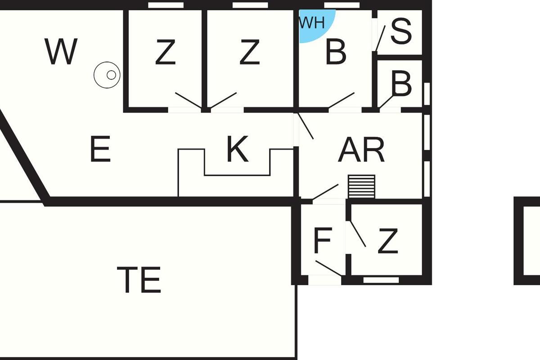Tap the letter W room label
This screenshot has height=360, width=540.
pyautogui.click(x=61, y=51)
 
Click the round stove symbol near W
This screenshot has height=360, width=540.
pyautogui.click(x=107, y=75)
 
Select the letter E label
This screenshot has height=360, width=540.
pyautogui.click(x=100, y=149)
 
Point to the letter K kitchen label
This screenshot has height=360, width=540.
pyautogui.click(x=238, y=149)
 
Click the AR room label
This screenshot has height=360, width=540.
pyautogui.click(x=361, y=150)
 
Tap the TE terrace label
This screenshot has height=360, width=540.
pyautogui.click(x=139, y=279)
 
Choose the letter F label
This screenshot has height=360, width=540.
pyautogui.click(x=323, y=240)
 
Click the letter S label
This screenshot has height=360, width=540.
pyautogui.click(x=401, y=31)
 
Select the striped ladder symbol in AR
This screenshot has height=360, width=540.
pyautogui.click(x=362, y=187)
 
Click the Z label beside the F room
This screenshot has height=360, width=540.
pyautogui.click(x=388, y=241)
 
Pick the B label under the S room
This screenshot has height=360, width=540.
pyautogui.click(x=401, y=83)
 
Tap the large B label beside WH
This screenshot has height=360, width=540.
pyautogui.click(x=336, y=52)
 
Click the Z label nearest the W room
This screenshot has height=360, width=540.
pyautogui.click(x=165, y=52)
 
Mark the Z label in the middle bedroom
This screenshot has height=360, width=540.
pyautogui.click(x=249, y=52)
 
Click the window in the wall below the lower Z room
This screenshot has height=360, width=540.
pyautogui.click(x=381, y=280)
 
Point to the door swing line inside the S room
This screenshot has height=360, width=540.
pyautogui.click(x=380, y=38)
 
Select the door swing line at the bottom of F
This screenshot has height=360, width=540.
pyautogui.click(x=328, y=268)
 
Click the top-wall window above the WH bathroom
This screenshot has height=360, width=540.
pyautogui.click(x=342, y=5)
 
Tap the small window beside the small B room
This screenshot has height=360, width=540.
pyautogui.click(x=427, y=94)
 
